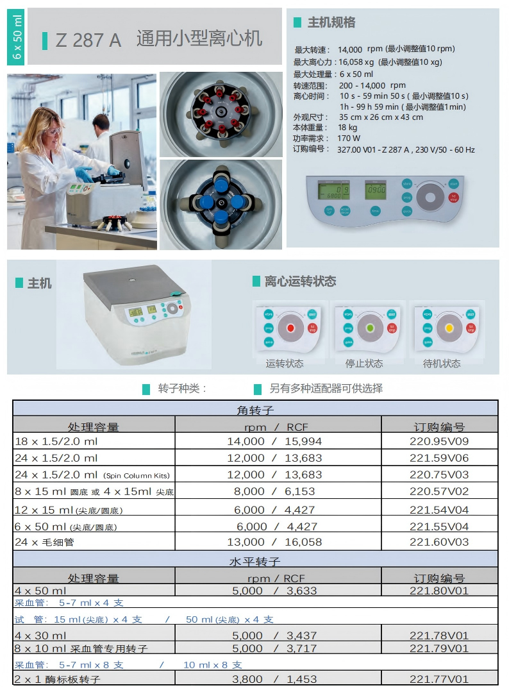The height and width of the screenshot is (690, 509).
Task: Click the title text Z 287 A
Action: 88,40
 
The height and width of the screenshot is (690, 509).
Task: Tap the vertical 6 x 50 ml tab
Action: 17,37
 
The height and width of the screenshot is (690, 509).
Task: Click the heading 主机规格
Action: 331,22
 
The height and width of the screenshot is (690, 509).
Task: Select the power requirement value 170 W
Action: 349,138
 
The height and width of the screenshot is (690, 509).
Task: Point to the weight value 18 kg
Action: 347,128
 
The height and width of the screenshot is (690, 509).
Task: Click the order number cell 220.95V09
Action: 439,441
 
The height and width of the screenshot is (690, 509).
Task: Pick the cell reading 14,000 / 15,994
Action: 274,441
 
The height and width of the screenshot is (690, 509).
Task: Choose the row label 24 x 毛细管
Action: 43,542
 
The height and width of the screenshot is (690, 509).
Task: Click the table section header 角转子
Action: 255,410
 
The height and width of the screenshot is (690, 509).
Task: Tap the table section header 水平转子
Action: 255,561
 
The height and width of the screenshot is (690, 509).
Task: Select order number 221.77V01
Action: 439,678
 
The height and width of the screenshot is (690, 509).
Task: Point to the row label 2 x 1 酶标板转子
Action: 58,678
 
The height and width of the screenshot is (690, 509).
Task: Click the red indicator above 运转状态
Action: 290,328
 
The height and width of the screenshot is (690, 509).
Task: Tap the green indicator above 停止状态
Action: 369,328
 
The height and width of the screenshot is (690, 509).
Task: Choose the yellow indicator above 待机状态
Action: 449,328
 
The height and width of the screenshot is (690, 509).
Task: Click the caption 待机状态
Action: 442,364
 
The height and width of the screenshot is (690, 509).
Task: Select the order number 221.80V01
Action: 439,591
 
